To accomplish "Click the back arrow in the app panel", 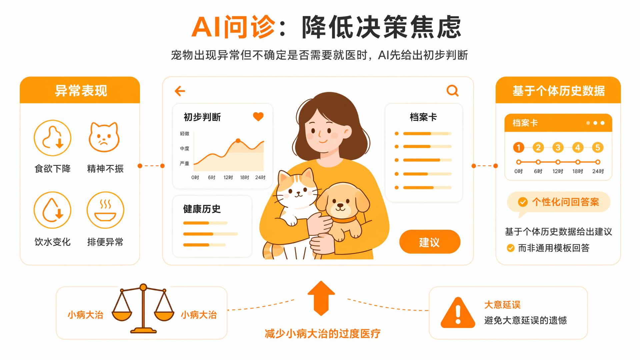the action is pos(180,91).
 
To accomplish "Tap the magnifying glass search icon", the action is pos(452,91).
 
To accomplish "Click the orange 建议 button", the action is pos(430,242).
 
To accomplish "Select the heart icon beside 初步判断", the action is pos(258,117).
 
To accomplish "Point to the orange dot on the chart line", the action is pos(238,141).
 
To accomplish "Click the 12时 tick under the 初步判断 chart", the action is pos(228,178).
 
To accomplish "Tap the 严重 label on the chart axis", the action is pos(185,164).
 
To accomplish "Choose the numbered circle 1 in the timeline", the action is pos(518,147).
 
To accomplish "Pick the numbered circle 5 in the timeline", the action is pos(598,147).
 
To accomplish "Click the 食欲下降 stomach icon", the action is pos(53,138).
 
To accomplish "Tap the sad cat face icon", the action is pos(104,137).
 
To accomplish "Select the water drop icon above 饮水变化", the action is pos(53,210).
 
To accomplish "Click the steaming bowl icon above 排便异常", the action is pos(105,210).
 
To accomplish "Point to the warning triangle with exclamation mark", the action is pos(458,313).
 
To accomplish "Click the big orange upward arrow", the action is pos(321,298).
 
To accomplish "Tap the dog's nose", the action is pos(340,205).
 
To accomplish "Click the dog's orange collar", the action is pos(344,220).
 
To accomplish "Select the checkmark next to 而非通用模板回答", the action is pos(510,248).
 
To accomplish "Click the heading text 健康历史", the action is pos(202,209).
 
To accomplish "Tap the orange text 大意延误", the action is pos(502,305).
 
